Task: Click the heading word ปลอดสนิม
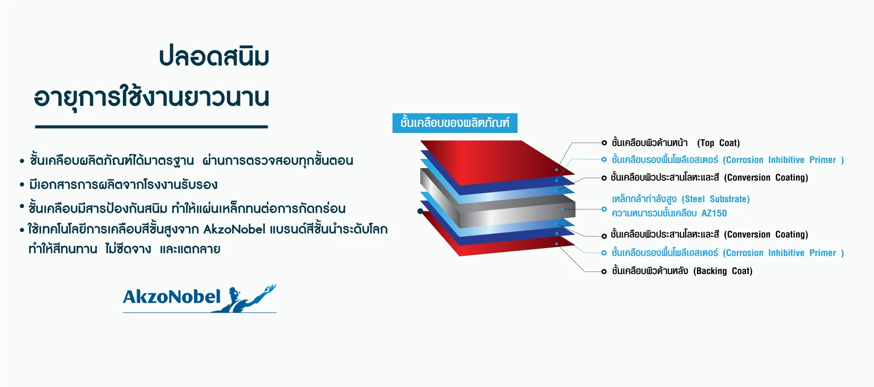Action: coord(214,56)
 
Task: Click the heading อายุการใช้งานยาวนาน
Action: coord(152,97)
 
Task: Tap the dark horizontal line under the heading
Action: coord(151,127)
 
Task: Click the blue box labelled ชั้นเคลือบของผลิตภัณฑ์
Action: coord(455,123)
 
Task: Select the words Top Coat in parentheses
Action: coord(718,143)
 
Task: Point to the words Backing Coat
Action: coord(723,271)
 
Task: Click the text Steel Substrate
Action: coord(716,199)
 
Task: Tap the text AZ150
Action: coord(714,213)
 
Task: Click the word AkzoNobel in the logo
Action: coord(172,297)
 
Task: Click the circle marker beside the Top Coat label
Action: coord(604,143)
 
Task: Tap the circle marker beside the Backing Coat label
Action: coord(604,271)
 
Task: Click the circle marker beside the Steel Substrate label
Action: coord(604,209)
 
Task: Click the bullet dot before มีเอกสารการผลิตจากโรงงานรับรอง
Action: coord(22,185)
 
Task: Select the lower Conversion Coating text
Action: coord(766,234)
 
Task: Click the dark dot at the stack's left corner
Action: coord(420,211)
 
